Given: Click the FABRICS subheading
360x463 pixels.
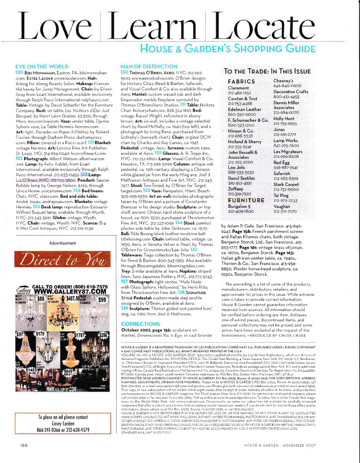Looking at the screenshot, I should (x=242, y=81).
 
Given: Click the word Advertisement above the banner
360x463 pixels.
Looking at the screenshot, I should (x=62, y=243).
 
